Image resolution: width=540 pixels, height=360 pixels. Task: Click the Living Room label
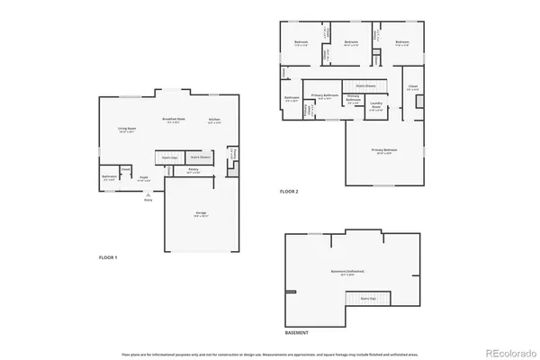click(x=126, y=130)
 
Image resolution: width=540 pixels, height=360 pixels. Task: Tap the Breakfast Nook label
click(x=174, y=120)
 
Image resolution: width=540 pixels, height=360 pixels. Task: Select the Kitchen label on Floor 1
click(x=214, y=120)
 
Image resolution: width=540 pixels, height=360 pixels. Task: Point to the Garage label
click(x=201, y=213)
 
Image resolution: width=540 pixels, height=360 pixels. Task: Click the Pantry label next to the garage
click(x=193, y=170)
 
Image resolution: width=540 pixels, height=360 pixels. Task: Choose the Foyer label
click(x=143, y=178)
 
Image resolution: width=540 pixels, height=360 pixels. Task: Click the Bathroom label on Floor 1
click(x=109, y=176)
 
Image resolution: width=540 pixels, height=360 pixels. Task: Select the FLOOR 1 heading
click(x=108, y=257)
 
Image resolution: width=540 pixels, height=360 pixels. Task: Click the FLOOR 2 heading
click(x=289, y=192)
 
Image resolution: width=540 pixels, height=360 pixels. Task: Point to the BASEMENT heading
click(x=297, y=332)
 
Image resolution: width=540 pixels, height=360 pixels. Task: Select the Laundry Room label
click(x=376, y=106)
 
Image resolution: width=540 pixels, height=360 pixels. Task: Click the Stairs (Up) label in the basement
click(x=367, y=298)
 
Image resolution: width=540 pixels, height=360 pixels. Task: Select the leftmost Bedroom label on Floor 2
click(x=302, y=41)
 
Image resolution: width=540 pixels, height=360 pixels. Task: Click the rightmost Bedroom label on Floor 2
click(x=401, y=41)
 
